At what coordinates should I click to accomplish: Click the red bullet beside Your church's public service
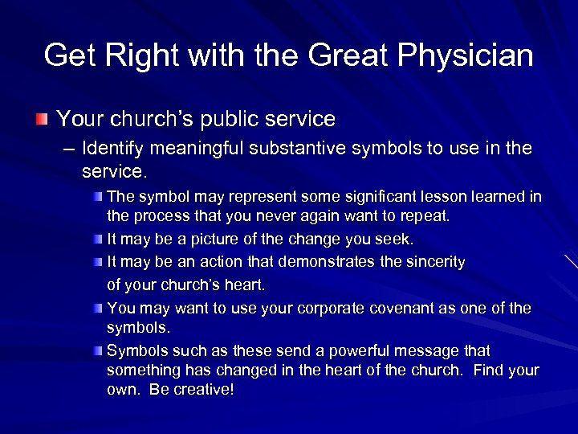tap(41, 120)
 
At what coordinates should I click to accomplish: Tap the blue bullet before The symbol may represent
tap(97, 197)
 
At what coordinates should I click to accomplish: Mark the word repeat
tap(429, 216)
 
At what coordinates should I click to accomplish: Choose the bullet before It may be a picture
tap(97, 240)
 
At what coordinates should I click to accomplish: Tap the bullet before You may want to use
tap(97, 309)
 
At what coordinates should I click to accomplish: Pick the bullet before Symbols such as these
tap(97, 351)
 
